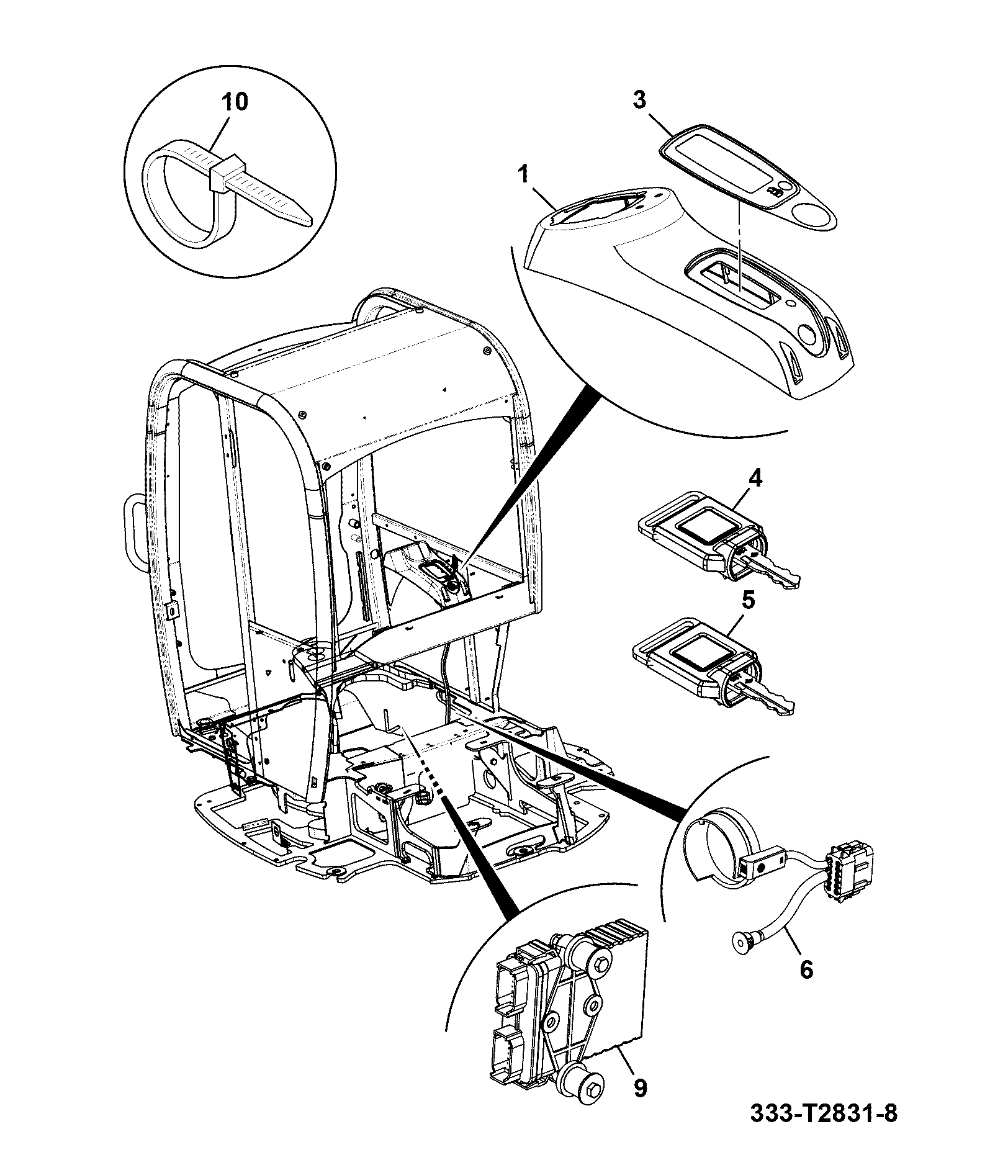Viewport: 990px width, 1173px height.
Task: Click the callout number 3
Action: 639,99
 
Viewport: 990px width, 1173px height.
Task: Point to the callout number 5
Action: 749,600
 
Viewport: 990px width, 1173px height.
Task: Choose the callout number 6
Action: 806,969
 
